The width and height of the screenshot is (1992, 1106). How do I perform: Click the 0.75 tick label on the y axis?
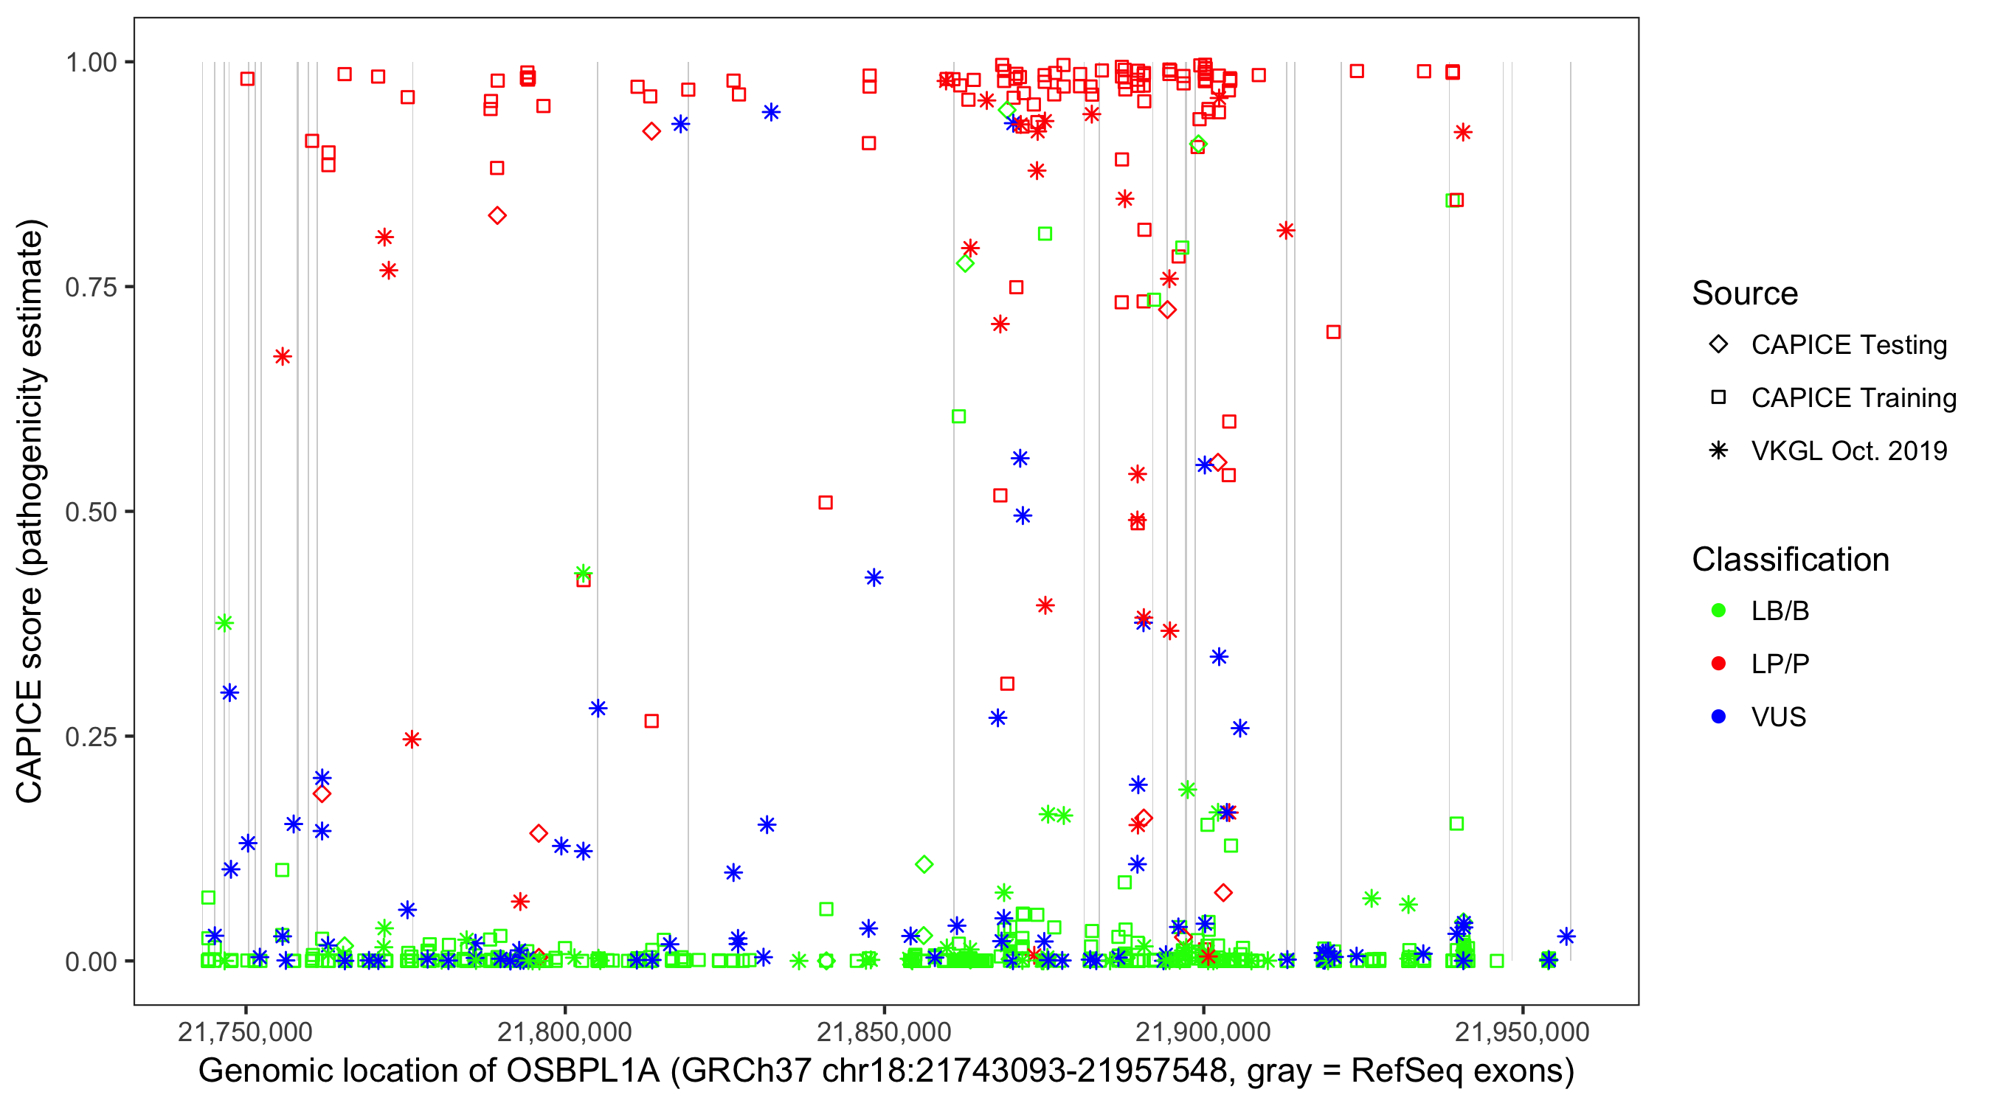pyautogui.click(x=90, y=287)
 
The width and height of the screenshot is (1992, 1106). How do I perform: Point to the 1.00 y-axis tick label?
pyautogui.click(x=90, y=62)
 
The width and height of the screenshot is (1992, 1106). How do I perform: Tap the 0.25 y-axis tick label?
pyautogui.click(x=90, y=737)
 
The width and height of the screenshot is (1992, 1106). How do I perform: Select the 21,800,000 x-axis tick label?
pyautogui.click(x=564, y=1032)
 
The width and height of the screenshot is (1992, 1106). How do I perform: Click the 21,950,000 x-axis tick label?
pyautogui.click(x=1522, y=1032)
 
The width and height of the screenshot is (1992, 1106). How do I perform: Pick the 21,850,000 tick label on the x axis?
pyautogui.click(x=884, y=1032)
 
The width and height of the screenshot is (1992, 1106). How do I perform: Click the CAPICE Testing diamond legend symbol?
pyautogui.click(x=1718, y=345)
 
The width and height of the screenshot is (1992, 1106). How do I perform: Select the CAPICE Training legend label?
pyautogui.click(x=1853, y=398)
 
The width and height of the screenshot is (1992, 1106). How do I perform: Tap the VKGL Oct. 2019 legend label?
pyautogui.click(x=1848, y=451)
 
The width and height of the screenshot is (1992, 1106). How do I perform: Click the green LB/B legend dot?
pyautogui.click(x=1718, y=611)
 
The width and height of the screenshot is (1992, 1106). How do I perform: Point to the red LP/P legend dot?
pyautogui.click(x=1718, y=664)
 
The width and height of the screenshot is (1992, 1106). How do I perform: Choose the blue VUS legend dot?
pyautogui.click(x=1718, y=717)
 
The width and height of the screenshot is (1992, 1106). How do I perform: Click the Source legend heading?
pyautogui.click(x=1745, y=293)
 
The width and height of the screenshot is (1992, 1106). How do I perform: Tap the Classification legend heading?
pyautogui.click(x=1790, y=560)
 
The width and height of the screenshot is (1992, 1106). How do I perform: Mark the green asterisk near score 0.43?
pyautogui.click(x=583, y=573)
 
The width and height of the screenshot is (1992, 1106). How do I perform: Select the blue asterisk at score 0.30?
pyautogui.click(x=229, y=692)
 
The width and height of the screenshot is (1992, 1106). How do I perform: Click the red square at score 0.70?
pyautogui.click(x=1333, y=333)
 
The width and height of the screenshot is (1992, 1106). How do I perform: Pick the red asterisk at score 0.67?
pyautogui.click(x=283, y=356)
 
